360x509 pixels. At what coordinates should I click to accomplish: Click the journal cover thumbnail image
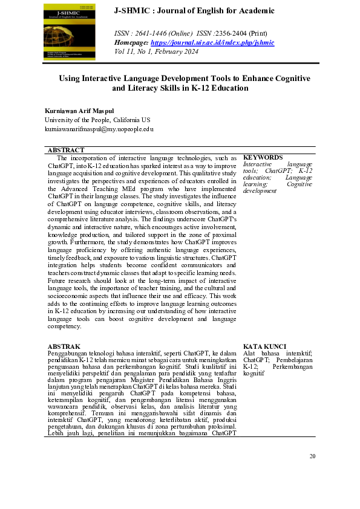[69, 33]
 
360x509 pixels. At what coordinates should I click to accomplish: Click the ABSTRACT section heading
[66, 150]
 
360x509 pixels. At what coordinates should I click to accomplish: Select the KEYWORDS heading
[263, 157]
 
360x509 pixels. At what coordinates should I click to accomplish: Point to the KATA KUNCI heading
[264, 346]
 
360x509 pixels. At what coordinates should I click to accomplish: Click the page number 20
[312, 456]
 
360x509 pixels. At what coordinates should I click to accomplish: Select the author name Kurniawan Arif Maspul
[79, 111]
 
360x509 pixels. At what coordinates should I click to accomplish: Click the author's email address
[99, 129]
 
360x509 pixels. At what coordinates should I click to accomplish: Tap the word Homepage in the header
[131, 42]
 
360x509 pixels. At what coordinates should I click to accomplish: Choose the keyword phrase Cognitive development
[278, 187]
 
